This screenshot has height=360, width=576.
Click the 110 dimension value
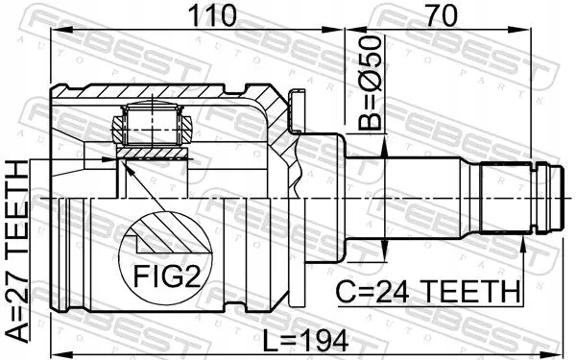(x=212, y=15)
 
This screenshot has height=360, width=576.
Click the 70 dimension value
(x=442, y=15)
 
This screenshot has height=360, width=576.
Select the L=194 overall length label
(x=305, y=340)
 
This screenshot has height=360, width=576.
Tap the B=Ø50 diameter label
(x=370, y=83)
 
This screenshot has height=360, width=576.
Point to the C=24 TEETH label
(x=429, y=291)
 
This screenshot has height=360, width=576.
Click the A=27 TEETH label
(x=18, y=252)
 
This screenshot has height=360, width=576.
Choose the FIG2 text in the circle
(x=166, y=276)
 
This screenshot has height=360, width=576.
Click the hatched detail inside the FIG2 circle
(x=167, y=235)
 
